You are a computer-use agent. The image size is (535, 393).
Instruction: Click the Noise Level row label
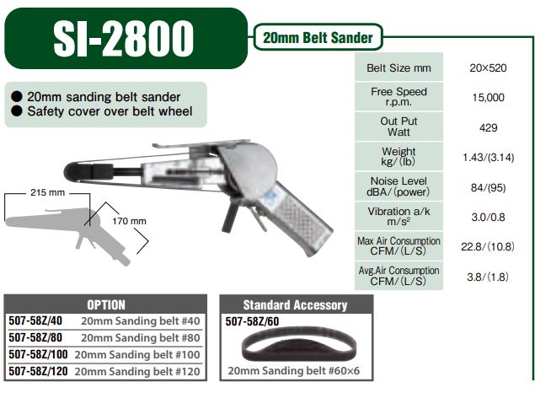click(x=398, y=186)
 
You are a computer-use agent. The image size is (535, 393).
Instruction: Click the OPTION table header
click(x=106, y=304)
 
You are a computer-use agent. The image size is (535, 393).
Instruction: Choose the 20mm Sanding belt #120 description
click(x=140, y=370)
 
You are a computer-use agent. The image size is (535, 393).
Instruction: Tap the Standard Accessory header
click(x=295, y=304)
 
